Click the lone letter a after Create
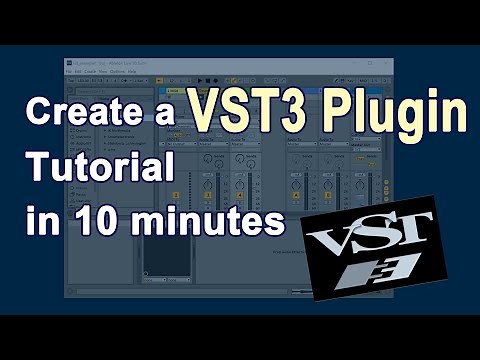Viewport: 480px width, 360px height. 167,113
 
